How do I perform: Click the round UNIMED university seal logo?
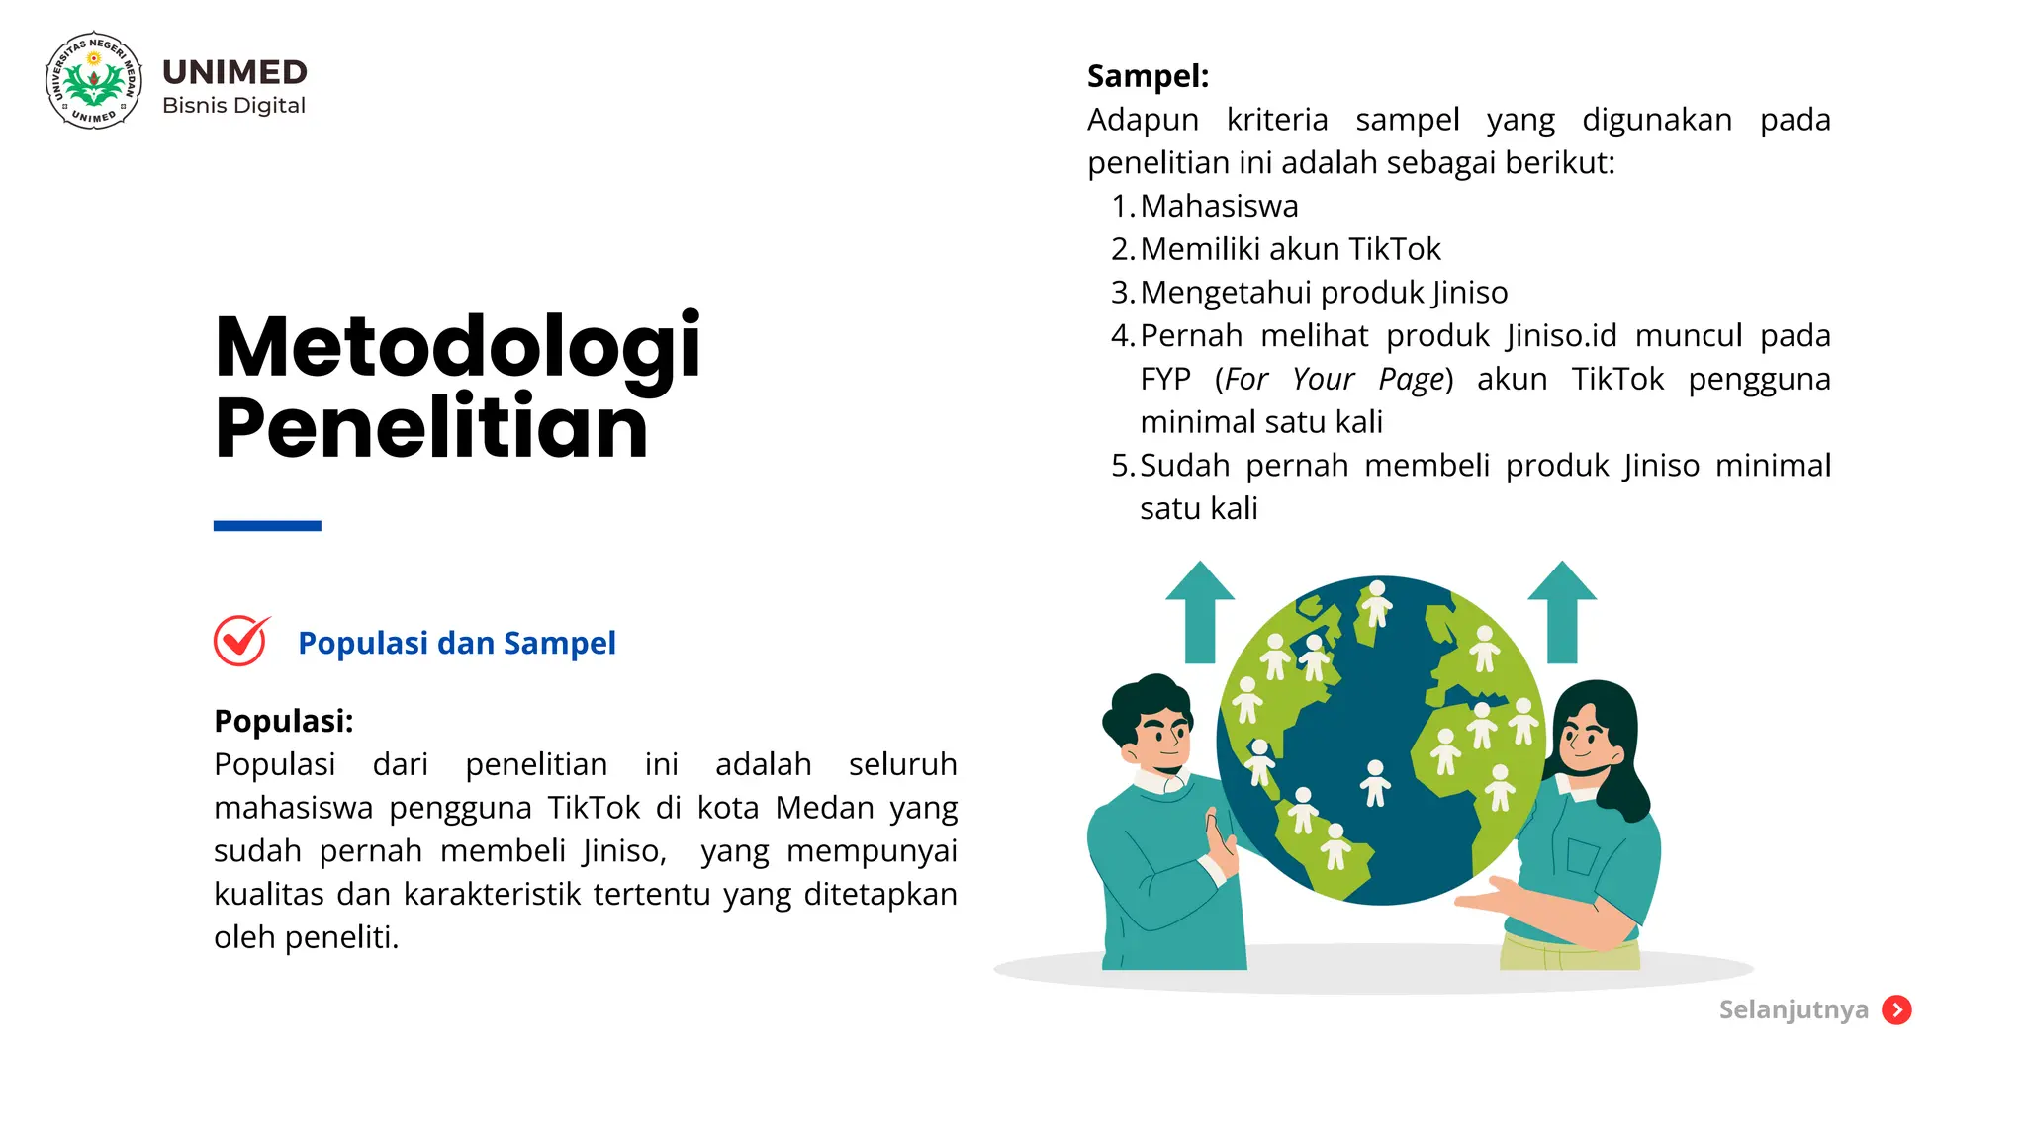pos(94,80)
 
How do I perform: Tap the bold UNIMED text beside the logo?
pos(234,72)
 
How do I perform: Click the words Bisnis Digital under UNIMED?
pos(233,106)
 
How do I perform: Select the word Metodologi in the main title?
pos(457,347)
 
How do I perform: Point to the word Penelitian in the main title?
pos(431,427)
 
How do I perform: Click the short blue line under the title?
pos(267,526)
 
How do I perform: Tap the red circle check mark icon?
pos(240,642)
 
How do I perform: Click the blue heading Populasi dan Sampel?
pos(456,643)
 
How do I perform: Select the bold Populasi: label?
pos(283,721)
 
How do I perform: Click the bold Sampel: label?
pos(1148,76)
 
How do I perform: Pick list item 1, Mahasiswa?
pos(1219,206)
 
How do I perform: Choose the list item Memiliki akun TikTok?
pos(1290,249)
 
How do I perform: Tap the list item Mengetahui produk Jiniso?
pos(1324,293)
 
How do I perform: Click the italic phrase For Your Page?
pos(1334,380)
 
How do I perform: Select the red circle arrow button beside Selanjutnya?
pos(1896,1009)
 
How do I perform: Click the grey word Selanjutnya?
pos(1794,1009)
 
